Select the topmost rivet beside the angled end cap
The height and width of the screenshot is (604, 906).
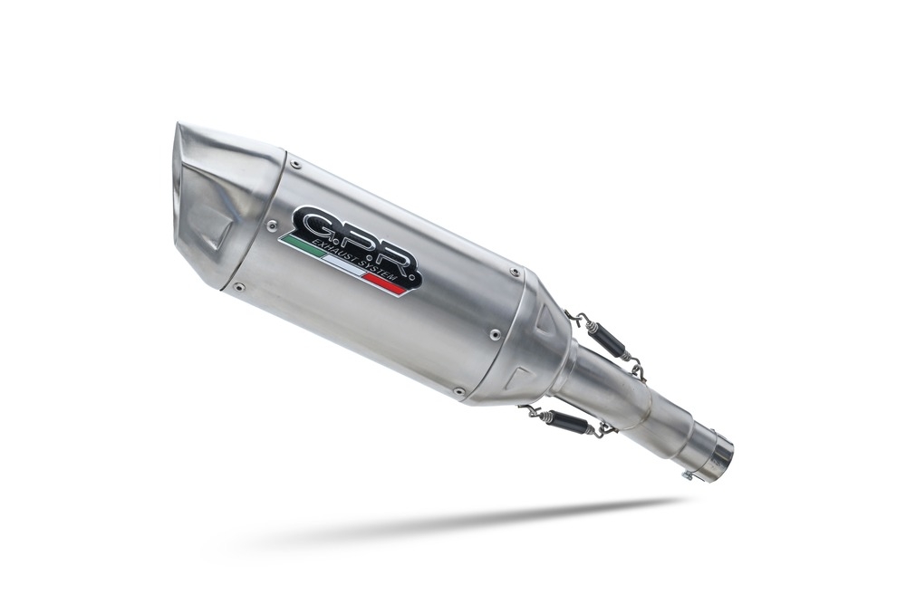pyautogui.click(x=294, y=165)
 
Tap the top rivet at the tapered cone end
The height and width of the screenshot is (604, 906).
pyautogui.click(x=516, y=269)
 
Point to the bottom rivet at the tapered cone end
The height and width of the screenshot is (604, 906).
pyautogui.click(x=459, y=392)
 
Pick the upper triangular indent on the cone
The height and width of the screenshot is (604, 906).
pyautogui.click(x=548, y=319)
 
